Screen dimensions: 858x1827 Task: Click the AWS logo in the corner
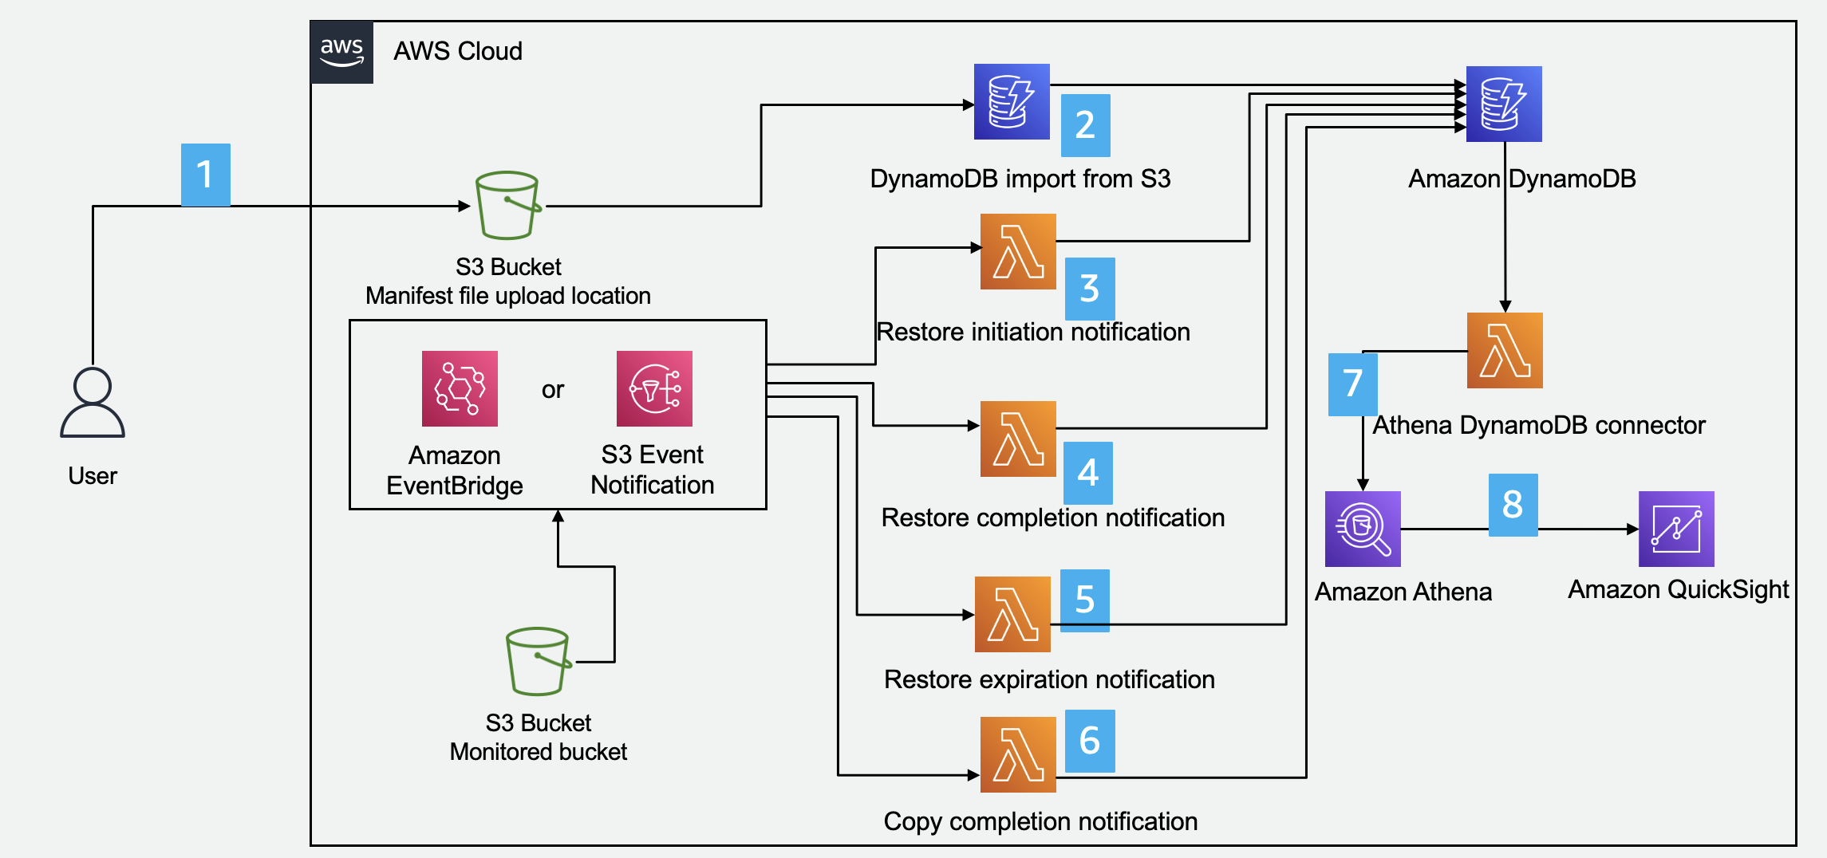341,53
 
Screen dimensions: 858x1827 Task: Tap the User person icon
93,403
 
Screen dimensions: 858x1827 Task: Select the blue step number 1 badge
206,175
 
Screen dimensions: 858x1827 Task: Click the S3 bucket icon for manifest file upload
508,205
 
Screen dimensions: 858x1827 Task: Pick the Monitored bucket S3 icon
539,661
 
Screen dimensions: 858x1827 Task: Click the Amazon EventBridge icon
460,388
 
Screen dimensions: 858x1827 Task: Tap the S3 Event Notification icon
654,388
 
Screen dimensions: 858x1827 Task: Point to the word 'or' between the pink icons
553,390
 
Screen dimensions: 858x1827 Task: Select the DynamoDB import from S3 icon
1012,102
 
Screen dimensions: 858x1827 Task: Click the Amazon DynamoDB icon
1504,104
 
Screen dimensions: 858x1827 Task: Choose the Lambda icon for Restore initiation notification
1018,251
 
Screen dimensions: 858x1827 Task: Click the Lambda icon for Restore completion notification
1018,439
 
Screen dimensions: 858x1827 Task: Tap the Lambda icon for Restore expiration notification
1012,614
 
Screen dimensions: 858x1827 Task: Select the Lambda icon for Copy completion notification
1018,754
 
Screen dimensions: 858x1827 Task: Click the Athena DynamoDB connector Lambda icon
1505,350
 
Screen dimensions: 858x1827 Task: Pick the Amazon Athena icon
1363,529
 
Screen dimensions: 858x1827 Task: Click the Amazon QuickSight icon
1676,529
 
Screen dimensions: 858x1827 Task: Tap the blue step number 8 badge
1513,505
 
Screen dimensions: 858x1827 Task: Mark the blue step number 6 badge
1090,741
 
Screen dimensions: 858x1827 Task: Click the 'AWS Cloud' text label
458,52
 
